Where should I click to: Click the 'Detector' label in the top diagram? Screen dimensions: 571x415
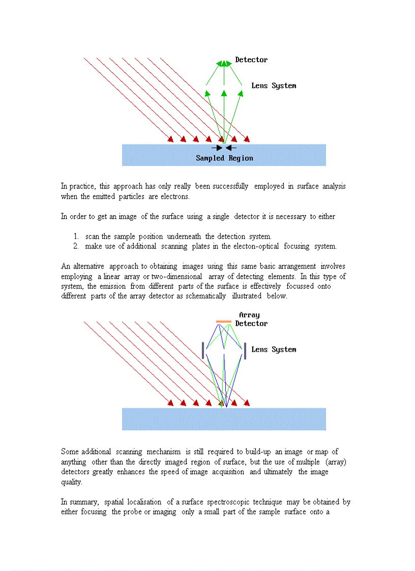pos(251,60)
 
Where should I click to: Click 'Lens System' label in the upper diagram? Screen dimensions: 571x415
pos(274,86)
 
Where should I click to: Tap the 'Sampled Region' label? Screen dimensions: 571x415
pos(224,158)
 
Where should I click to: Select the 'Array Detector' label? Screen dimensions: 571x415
pos(251,319)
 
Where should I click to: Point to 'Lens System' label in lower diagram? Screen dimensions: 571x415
pos(274,350)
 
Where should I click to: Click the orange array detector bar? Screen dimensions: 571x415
pos(224,322)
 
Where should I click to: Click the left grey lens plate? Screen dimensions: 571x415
pos(203,350)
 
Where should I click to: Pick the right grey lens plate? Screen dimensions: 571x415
pos(245,351)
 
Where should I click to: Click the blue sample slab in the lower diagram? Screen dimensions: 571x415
pos(224,419)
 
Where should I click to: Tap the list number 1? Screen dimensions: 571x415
pos(75,236)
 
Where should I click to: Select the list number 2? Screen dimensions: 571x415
pos(75,247)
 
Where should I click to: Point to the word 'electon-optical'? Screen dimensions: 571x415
pos(259,247)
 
